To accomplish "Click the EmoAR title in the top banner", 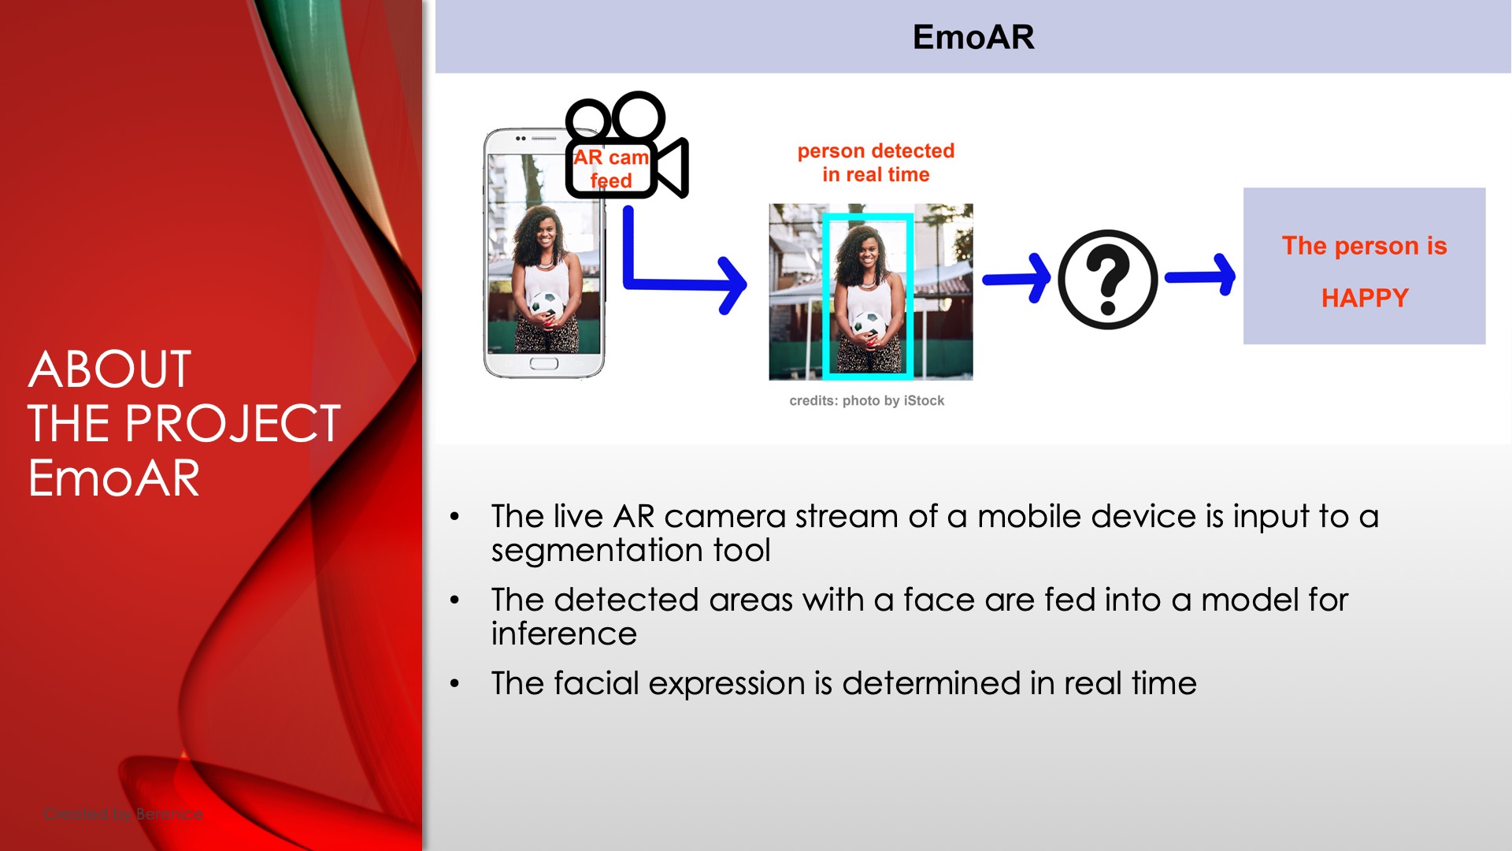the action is pyautogui.click(x=973, y=37).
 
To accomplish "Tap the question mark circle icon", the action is pyautogui.click(x=1107, y=280).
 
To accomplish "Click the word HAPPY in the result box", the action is pyautogui.click(x=1365, y=298).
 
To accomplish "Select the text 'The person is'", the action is pyautogui.click(x=1365, y=246).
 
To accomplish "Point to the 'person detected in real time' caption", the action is pyautogui.click(x=876, y=162).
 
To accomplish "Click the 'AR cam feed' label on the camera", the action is pyautogui.click(x=611, y=169).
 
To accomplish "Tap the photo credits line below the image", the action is pyautogui.click(x=866, y=400).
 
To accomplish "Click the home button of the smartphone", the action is pyautogui.click(x=543, y=363).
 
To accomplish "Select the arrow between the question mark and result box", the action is pyautogui.click(x=1200, y=276).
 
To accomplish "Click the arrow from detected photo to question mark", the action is pyautogui.click(x=1017, y=278).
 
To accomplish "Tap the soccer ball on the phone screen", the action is pyautogui.click(x=547, y=304).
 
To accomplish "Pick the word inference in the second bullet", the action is pyautogui.click(x=564, y=634).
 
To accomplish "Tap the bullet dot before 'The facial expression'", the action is pyautogui.click(x=454, y=683).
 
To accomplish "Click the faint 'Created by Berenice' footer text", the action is pyautogui.click(x=123, y=814).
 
